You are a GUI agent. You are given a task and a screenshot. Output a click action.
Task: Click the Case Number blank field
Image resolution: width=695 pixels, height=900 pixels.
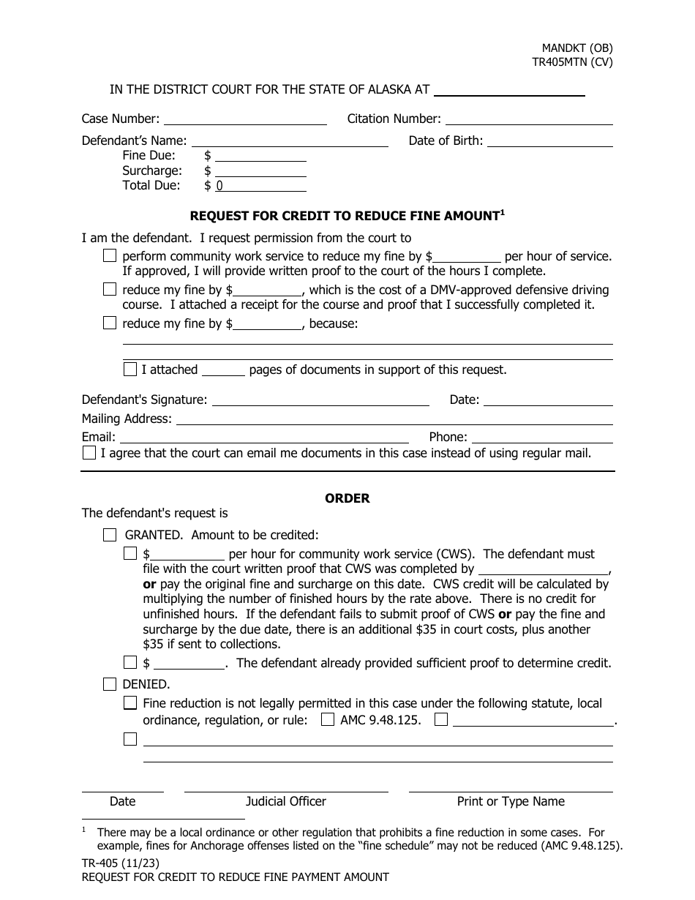point(245,119)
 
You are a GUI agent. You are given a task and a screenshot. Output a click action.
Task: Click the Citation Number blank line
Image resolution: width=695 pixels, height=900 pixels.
point(528,119)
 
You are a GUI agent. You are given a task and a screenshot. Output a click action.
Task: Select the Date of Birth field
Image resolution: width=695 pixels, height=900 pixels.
point(549,141)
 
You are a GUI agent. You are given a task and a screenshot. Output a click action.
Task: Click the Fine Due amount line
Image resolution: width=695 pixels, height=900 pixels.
point(260,156)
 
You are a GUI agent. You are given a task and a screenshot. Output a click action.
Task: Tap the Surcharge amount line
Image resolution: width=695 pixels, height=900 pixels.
point(260,171)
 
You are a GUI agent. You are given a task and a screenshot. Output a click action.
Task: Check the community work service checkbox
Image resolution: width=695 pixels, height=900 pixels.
point(110,256)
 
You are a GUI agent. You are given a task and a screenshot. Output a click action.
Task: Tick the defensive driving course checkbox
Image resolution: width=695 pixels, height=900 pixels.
point(110,290)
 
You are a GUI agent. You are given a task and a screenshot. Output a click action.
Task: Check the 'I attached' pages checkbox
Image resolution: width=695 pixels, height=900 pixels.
point(130,370)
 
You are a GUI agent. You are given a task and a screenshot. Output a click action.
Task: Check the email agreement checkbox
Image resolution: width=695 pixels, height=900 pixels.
point(89,453)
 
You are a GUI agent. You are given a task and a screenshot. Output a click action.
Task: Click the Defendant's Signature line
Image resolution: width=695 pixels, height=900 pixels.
point(320,400)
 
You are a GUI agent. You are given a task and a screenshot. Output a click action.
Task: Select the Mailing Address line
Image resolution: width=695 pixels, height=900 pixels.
point(394,419)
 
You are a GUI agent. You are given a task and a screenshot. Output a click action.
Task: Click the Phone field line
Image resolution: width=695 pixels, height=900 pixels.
point(541,438)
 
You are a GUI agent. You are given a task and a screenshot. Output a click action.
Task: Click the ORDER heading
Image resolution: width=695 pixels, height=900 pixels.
point(347,498)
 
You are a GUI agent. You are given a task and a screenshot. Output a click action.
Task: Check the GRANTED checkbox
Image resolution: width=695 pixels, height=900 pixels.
point(110,535)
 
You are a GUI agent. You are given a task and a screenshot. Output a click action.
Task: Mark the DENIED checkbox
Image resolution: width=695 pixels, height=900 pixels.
point(110,685)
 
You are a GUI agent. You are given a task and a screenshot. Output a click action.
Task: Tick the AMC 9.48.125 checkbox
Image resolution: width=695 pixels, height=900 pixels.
point(328,720)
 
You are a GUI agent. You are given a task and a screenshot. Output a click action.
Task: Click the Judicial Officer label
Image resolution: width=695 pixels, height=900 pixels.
point(286,801)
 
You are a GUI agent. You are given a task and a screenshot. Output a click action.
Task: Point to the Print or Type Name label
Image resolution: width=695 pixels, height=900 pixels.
point(511,801)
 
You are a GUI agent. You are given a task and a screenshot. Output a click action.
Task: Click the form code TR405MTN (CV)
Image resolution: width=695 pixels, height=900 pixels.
point(572,62)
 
